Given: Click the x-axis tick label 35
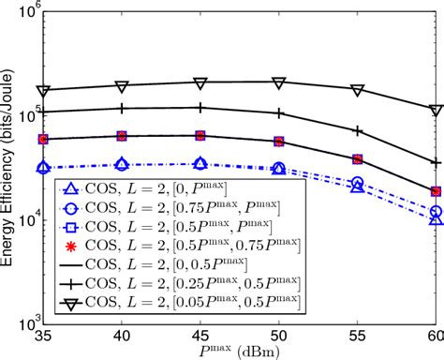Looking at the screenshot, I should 40,333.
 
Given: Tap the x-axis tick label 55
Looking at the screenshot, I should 357,333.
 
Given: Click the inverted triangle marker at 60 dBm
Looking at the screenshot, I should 436,110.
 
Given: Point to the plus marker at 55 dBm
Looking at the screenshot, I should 357,130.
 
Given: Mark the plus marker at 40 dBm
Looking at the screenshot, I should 120,109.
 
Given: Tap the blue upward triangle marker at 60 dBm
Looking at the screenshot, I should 436,218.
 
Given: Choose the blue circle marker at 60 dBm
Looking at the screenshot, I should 436,212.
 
